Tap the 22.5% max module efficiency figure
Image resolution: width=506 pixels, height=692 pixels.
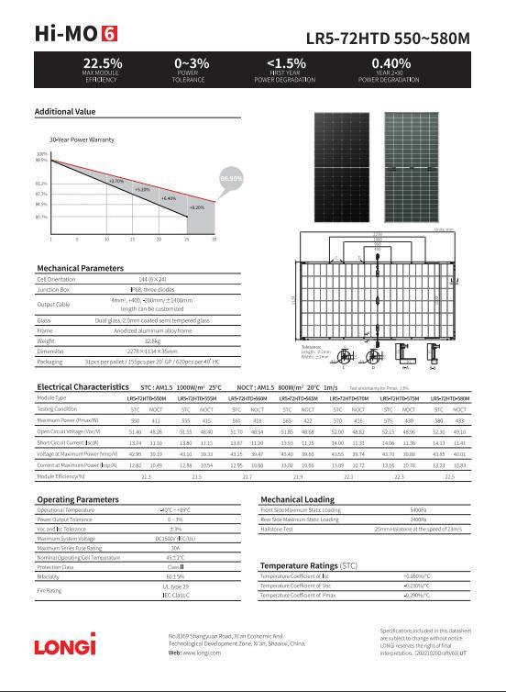click(x=102, y=63)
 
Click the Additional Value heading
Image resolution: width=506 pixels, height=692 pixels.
click(x=65, y=112)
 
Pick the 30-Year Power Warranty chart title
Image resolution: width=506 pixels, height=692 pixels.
click(x=82, y=140)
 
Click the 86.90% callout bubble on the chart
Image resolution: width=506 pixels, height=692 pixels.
click(x=232, y=178)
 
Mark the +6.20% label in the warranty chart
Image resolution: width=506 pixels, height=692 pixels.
click(x=197, y=207)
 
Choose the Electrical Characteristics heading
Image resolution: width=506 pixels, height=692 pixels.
click(x=82, y=387)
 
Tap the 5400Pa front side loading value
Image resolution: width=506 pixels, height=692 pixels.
click(x=416, y=509)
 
